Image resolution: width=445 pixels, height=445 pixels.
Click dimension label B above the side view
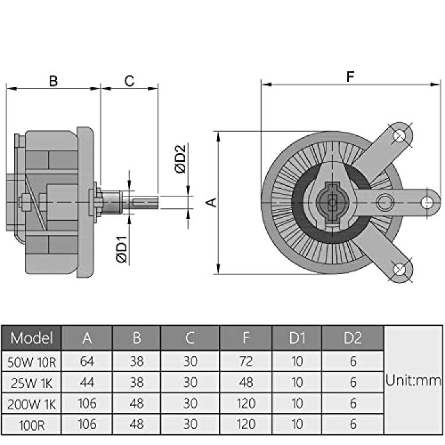click(x=53, y=81)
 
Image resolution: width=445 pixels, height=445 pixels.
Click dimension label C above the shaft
click(x=129, y=81)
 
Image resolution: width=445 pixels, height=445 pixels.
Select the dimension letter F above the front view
click(x=351, y=77)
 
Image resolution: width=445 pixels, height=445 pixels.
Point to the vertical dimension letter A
click(x=211, y=202)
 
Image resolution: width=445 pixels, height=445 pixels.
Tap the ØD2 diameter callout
click(x=180, y=158)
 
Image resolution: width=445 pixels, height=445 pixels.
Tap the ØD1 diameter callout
click(x=122, y=249)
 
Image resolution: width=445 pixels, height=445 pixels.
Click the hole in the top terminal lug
click(x=399, y=135)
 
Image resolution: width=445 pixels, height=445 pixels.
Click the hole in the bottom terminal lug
click(x=399, y=269)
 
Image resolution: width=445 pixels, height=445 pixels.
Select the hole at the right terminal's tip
click(x=427, y=202)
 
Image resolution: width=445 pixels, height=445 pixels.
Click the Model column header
click(x=31, y=338)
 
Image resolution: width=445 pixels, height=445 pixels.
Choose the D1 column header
click(x=297, y=338)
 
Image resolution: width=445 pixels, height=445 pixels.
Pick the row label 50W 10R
click(x=31, y=362)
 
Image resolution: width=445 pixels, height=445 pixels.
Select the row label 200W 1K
click(x=31, y=404)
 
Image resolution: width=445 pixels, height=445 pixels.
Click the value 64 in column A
click(x=87, y=361)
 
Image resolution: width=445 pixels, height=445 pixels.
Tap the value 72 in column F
click(x=246, y=361)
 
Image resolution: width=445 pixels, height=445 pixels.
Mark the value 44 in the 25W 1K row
click(x=87, y=382)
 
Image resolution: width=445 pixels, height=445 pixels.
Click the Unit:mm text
click(x=413, y=380)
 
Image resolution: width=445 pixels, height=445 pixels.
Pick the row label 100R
click(x=31, y=425)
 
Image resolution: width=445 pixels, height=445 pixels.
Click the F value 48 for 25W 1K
click(x=246, y=382)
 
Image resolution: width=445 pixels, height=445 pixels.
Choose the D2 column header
click(x=353, y=338)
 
